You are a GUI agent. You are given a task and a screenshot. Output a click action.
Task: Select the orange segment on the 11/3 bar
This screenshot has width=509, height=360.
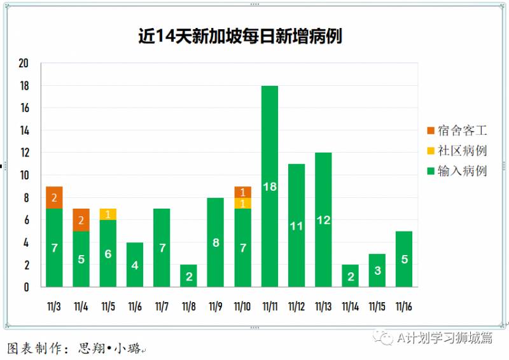pos(54,197)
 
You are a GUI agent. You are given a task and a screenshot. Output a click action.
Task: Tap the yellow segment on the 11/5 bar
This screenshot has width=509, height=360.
pos(108,214)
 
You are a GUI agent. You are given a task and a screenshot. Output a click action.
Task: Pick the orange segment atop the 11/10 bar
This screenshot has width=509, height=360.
pos(243,192)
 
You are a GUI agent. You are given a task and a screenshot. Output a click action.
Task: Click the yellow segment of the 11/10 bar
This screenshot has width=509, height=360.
pos(243,203)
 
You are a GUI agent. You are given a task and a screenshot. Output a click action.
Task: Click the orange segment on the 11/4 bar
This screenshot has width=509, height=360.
pos(81,219)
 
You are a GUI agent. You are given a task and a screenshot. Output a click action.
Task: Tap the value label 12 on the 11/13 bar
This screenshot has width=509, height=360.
pos(323,220)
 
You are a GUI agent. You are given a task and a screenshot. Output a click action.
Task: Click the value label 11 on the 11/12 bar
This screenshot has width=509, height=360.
pos(296,225)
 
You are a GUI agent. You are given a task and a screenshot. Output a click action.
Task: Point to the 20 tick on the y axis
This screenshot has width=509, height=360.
pos(24,64)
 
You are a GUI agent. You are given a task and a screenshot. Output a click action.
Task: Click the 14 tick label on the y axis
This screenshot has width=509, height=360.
pos(24,130)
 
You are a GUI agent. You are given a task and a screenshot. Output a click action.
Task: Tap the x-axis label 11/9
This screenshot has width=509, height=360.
pos(216,307)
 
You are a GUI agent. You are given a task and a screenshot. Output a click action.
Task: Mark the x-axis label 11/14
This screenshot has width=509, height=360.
pos(350,307)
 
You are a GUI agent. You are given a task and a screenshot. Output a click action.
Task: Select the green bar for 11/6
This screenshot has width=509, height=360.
pos(135,264)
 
